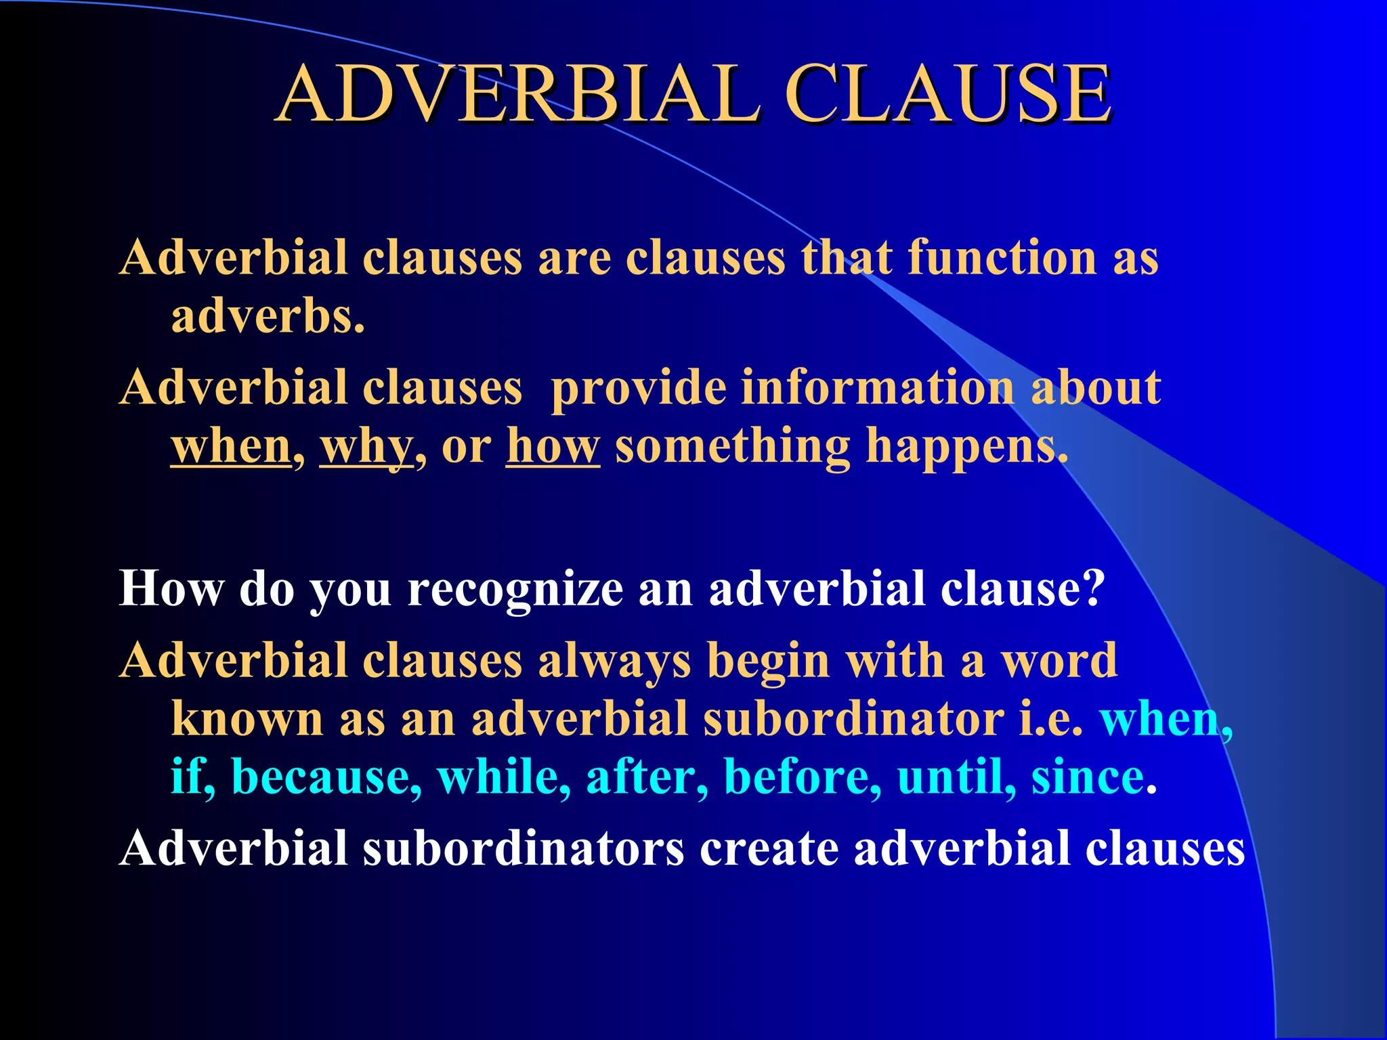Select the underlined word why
click(x=366, y=447)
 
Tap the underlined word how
click(x=553, y=447)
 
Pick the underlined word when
click(x=231, y=447)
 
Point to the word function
click(x=1002, y=258)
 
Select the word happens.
click(x=966, y=447)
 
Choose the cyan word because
click(x=326, y=777)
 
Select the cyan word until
click(x=955, y=777)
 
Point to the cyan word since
click(x=1088, y=777)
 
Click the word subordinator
click(x=853, y=718)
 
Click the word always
click(x=614, y=661)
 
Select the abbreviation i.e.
click(x=1051, y=718)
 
